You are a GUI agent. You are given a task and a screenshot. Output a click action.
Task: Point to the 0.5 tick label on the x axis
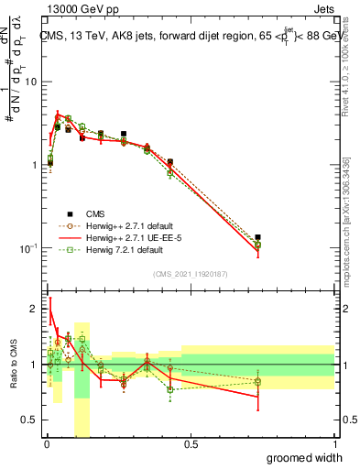coord(191,444)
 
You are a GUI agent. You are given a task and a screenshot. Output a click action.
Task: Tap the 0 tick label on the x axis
coord(47,444)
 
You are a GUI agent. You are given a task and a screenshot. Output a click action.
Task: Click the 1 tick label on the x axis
coord(334,444)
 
